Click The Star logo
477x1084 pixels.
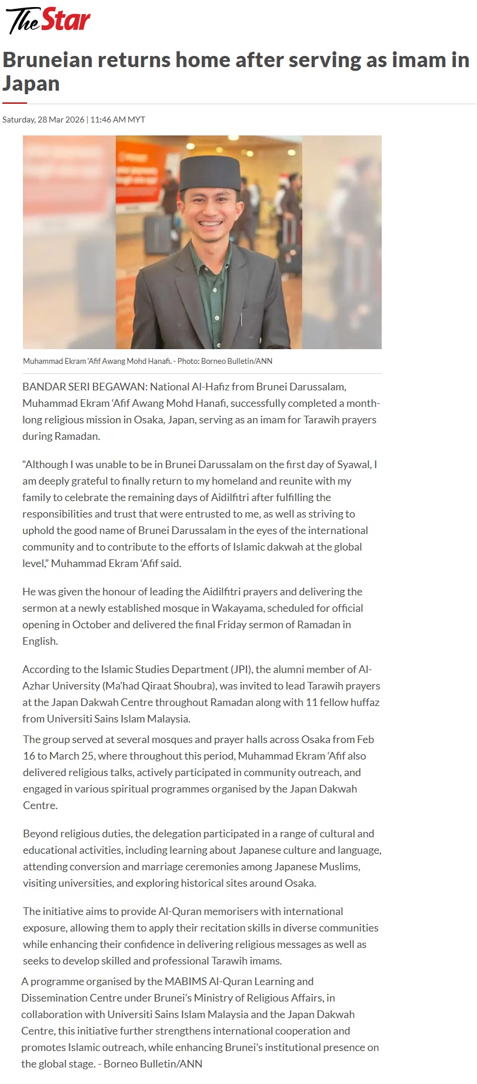48,21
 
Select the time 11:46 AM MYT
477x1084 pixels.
118,120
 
